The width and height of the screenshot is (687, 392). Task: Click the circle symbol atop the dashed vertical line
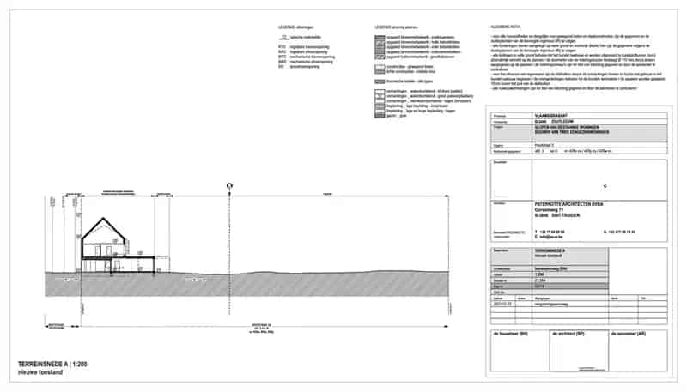point(229,185)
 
